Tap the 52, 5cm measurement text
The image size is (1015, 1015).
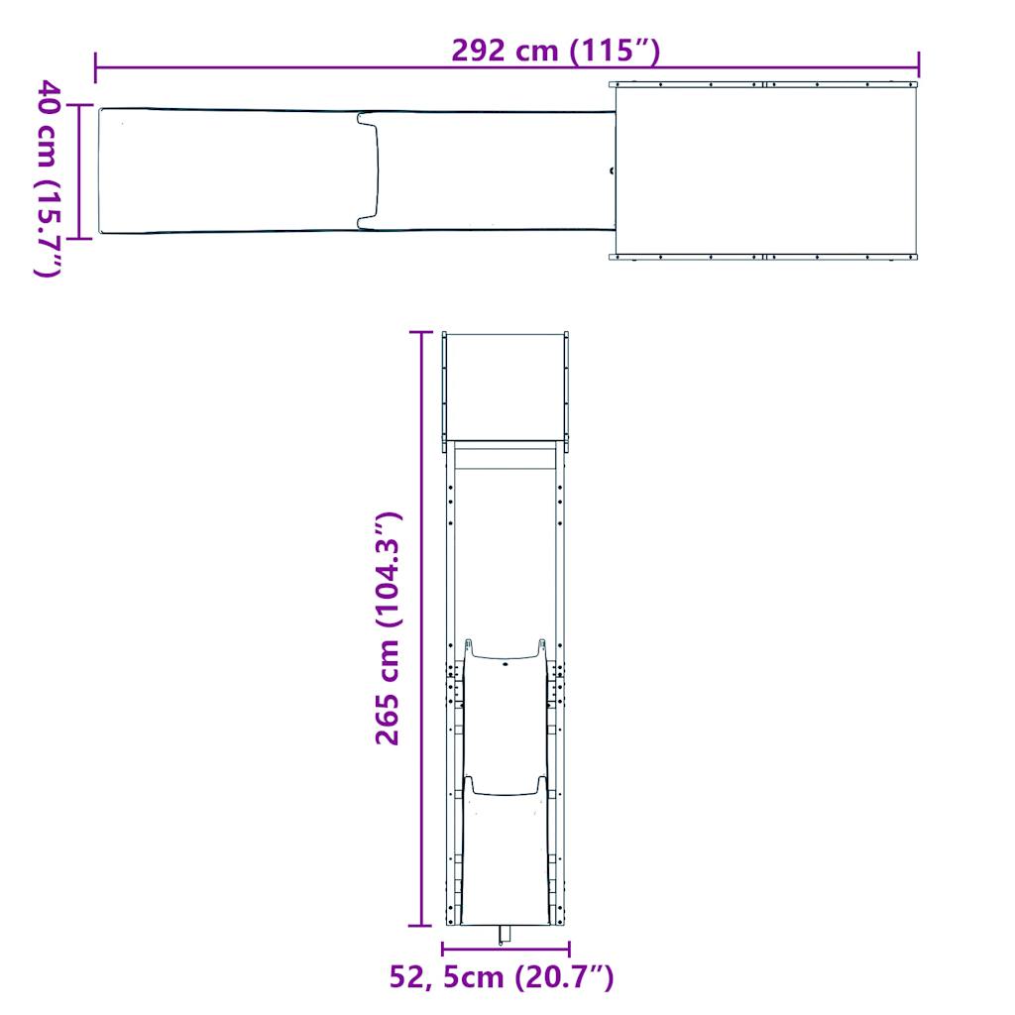click(445, 977)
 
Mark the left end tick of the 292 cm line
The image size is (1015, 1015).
click(95, 67)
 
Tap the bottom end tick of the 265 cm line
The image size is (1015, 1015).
click(422, 924)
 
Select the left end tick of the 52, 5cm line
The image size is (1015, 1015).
click(443, 949)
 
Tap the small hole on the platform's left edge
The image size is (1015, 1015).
click(612, 169)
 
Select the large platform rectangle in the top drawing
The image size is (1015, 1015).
click(765, 170)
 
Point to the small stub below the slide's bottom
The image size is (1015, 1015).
click(505, 936)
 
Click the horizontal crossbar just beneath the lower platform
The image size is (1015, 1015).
click(506, 459)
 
